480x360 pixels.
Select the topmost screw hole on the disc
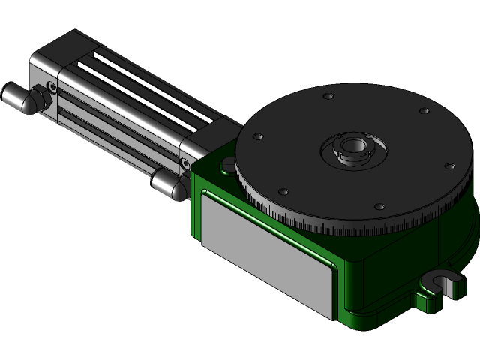(328, 97)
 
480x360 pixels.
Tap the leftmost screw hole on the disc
(259, 137)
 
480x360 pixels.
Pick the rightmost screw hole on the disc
(448, 166)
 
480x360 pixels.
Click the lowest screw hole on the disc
(379, 206)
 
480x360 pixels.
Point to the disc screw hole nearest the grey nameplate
(283, 190)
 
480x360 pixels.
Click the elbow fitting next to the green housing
(169, 184)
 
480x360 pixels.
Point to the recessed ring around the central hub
(352, 154)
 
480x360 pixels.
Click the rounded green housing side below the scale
(405, 262)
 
